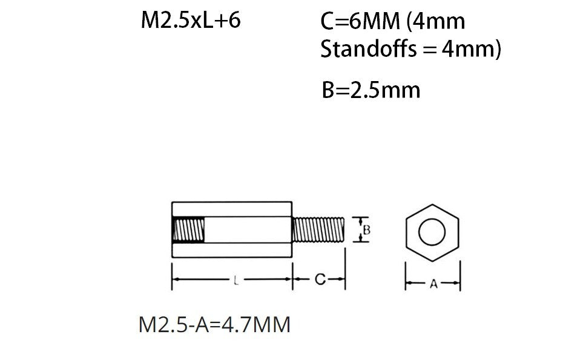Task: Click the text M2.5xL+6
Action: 191,21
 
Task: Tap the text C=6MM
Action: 360,22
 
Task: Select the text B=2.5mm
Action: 370,90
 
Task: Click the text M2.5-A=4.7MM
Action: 214,325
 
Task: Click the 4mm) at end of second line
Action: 472,49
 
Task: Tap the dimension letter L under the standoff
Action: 234,280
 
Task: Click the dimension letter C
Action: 320,280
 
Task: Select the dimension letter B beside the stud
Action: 366,230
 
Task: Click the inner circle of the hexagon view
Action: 432,232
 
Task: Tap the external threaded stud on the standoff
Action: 318,230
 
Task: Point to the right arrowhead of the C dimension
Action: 342,280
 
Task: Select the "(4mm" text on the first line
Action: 436,22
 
